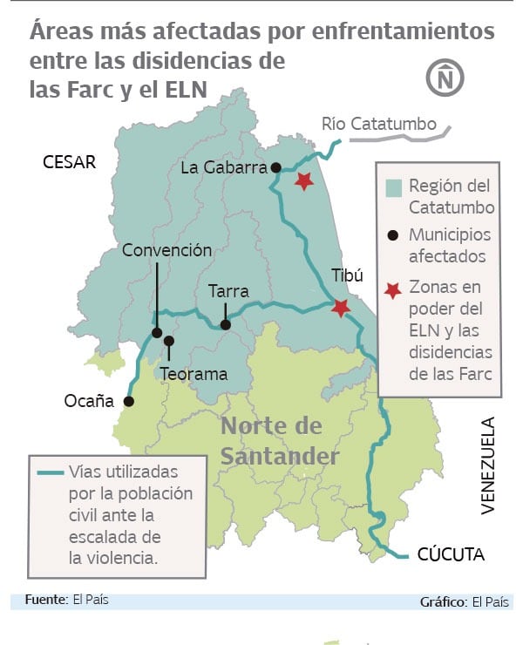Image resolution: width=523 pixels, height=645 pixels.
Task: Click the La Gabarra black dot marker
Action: [275, 167]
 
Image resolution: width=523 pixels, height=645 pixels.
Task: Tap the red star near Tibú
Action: [340, 308]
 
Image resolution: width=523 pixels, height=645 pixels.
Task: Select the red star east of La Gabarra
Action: [303, 181]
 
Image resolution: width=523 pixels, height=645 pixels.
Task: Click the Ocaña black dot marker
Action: [129, 402]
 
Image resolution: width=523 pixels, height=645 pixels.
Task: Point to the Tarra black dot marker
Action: [225, 324]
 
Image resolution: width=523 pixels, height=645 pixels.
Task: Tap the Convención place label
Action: [166, 250]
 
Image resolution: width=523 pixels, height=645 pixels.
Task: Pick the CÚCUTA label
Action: [450, 554]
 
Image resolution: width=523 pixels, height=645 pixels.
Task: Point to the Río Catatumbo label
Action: [379, 124]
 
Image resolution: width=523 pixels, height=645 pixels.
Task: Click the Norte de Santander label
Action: [279, 441]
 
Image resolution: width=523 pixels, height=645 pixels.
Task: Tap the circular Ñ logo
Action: [445, 78]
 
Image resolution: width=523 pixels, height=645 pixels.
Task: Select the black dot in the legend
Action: [393, 235]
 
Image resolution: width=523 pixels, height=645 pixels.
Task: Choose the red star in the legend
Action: [394, 287]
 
